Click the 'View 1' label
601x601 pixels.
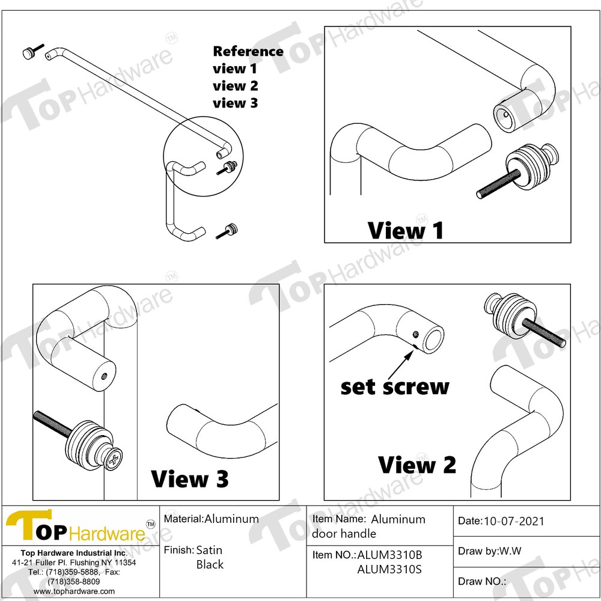(x=406, y=230)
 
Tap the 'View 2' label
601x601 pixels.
(x=416, y=465)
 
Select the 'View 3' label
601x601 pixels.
(x=190, y=479)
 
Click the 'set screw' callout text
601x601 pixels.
(x=395, y=386)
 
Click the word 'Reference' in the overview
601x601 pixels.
(x=248, y=52)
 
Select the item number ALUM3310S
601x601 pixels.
(x=389, y=569)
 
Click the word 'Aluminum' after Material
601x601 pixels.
(x=232, y=519)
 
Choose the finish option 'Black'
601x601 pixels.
(x=210, y=564)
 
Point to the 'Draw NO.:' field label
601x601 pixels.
(x=482, y=581)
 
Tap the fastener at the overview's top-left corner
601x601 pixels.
(x=31, y=53)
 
